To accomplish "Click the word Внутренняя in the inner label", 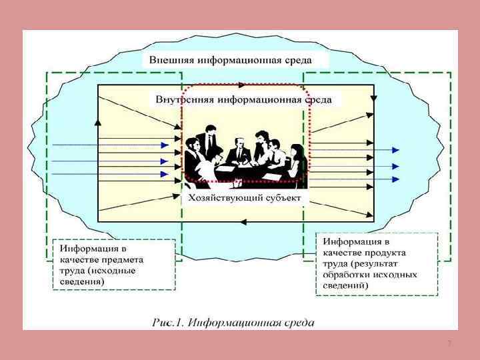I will pyautogui.click(x=180, y=99).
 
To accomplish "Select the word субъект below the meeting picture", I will pyautogui.click(x=281, y=198).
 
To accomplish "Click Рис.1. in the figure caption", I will pyautogui.click(x=167, y=323).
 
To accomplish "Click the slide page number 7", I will pyautogui.click(x=449, y=343).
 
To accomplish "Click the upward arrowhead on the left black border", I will pyautogui.click(x=99, y=123).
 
